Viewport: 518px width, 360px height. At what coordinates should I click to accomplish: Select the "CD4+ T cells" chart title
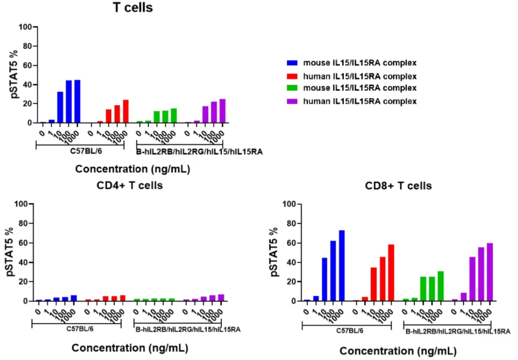point(130,185)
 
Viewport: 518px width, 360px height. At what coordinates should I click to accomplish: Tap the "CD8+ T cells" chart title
point(399,186)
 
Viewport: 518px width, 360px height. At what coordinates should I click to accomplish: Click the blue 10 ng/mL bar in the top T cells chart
point(60,107)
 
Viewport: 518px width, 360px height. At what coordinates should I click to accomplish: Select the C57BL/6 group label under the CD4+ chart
point(76,330)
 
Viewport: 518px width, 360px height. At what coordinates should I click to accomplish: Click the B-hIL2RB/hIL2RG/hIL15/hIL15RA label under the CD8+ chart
point(456,331)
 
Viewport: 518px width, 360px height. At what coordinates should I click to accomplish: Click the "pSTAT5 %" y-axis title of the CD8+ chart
point(275,252)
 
